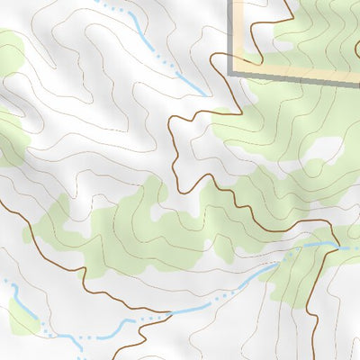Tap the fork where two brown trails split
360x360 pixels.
(x=170, y=314)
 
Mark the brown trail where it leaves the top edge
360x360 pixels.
(x=286, y=3)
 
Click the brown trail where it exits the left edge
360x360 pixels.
(x=3, y=200)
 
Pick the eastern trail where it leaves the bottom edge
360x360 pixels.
(x=317, y=356)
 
